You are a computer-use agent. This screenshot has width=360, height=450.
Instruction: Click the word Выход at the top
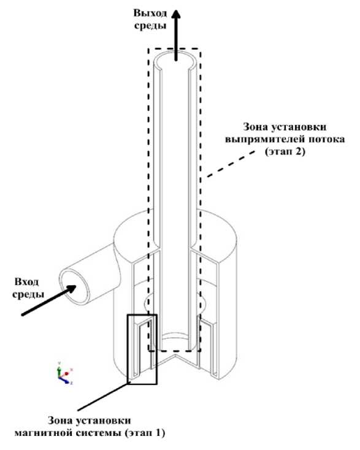(150, 13)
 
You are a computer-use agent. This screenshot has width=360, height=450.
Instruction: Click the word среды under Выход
(150, 26)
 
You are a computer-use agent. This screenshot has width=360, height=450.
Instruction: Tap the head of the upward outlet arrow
(176, 14)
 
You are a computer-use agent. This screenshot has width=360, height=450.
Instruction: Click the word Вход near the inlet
(26, 281)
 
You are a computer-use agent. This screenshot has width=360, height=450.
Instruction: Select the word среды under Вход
(28, 294)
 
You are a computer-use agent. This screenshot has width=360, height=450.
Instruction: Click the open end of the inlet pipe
(73, 286)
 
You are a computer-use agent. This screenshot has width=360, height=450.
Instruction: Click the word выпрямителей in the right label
(264, 140)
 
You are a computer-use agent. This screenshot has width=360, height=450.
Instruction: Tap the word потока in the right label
(326, 139)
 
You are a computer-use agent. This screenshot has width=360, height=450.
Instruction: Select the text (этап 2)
(285, 151)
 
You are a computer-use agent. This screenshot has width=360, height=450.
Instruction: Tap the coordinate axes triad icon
(64, 373)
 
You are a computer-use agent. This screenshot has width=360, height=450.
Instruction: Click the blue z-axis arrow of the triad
(65, 380)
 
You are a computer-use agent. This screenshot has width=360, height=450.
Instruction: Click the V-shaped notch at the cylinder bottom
(175, 360)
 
